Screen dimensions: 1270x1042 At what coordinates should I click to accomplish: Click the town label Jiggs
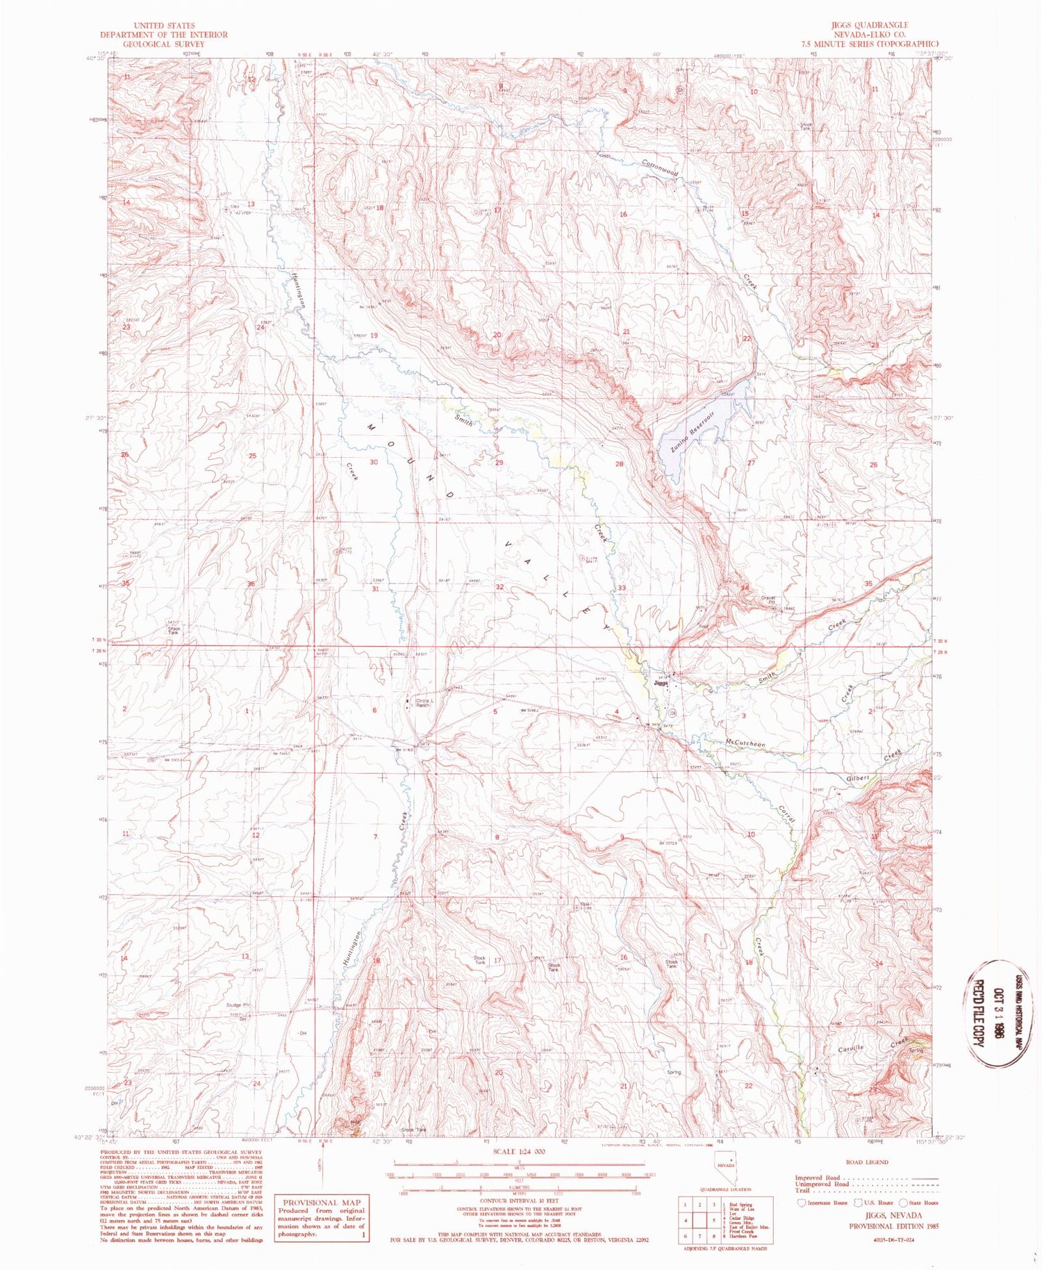coord(661,684)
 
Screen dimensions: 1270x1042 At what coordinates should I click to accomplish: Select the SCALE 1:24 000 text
coord(519,1151)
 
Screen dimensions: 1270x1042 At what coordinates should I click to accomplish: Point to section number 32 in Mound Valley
coord(499,587)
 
